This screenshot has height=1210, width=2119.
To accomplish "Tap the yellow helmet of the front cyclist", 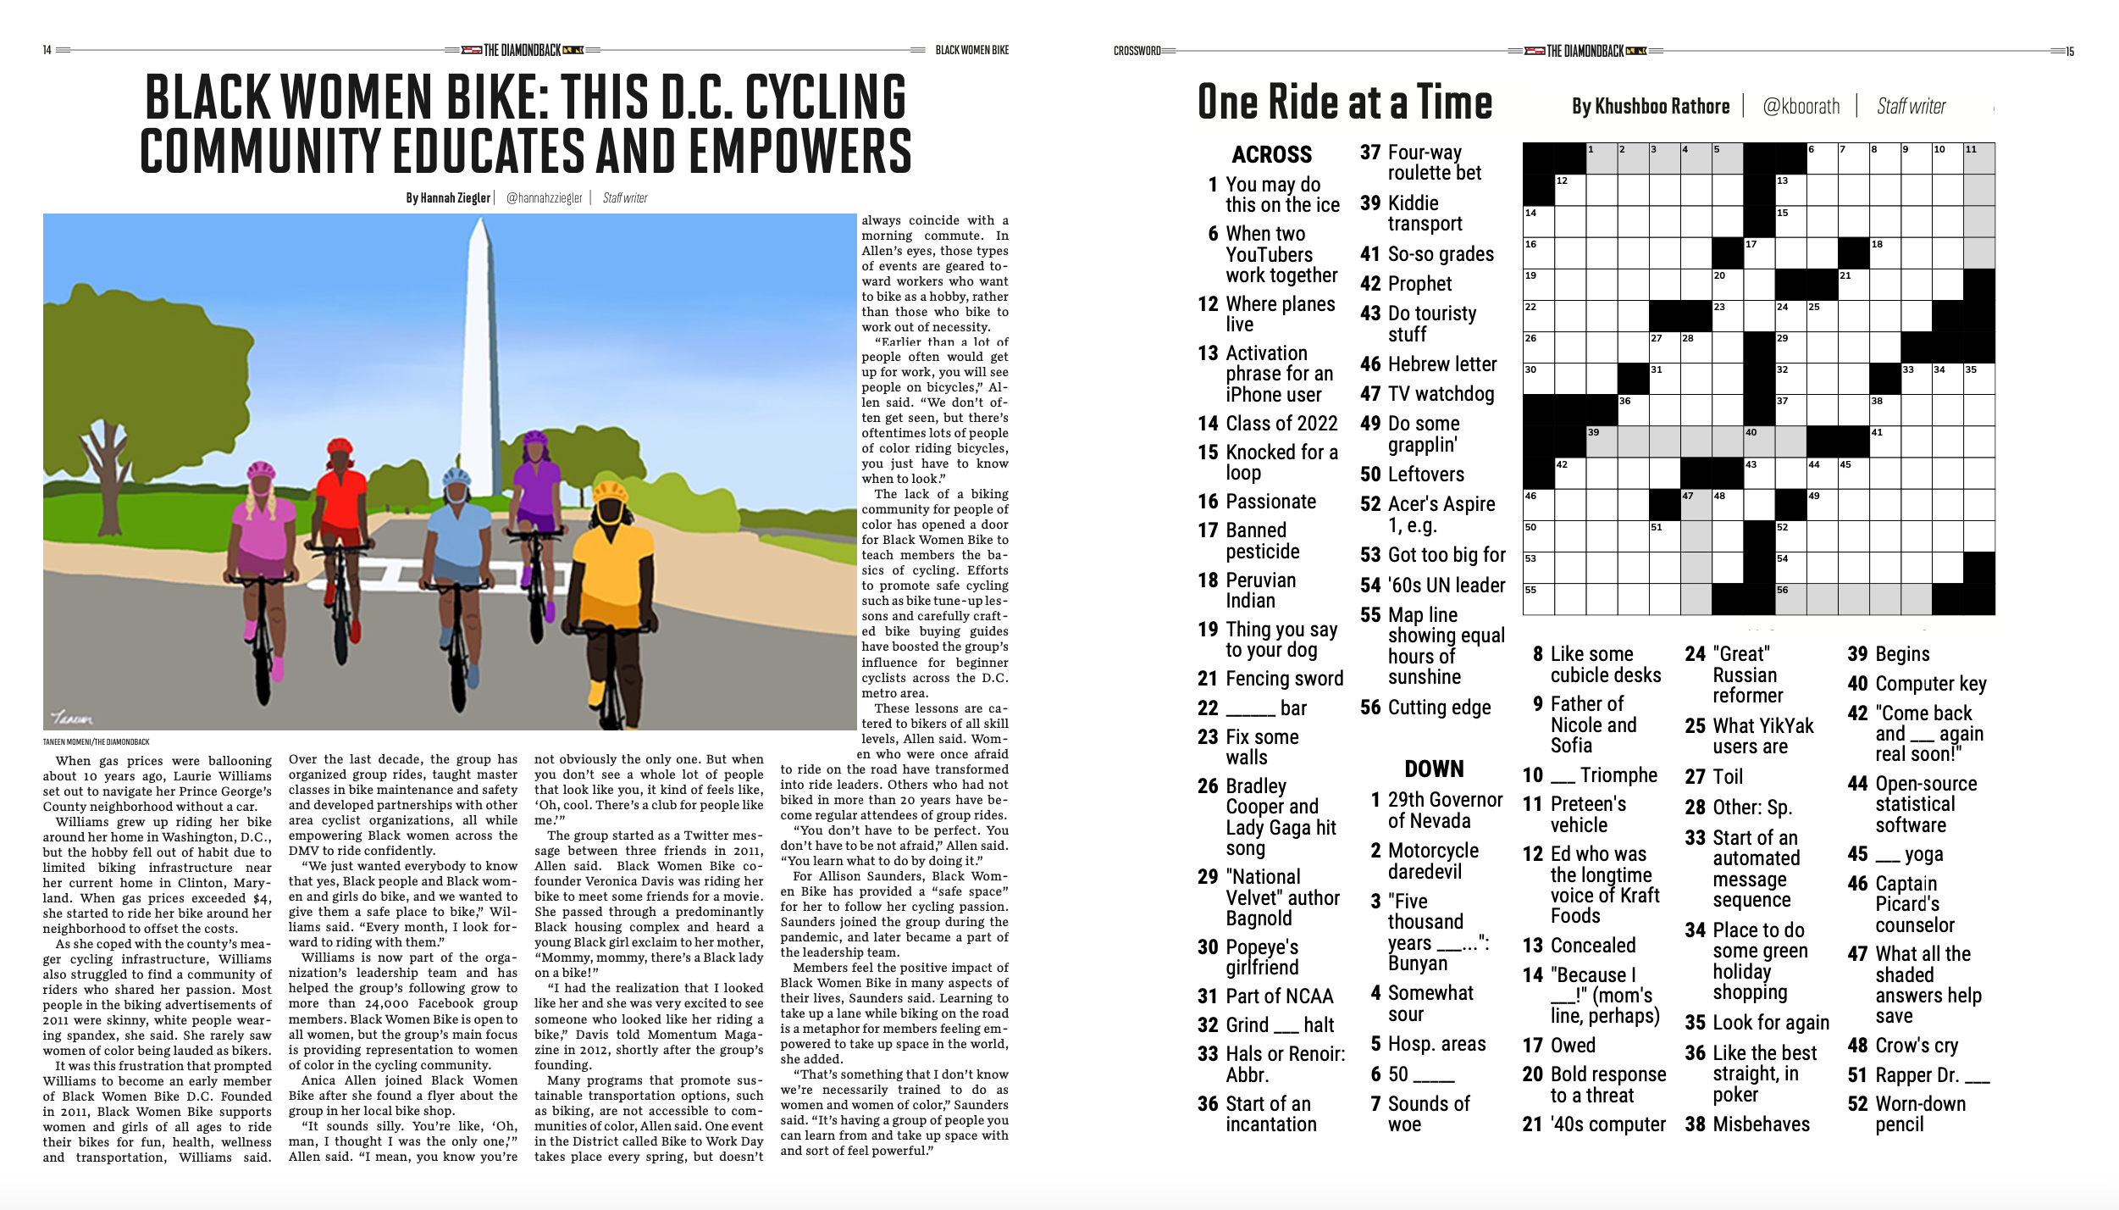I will (610, 491).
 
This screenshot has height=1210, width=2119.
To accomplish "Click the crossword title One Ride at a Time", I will (1344, 103).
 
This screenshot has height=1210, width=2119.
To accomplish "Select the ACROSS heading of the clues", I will (1271, 155).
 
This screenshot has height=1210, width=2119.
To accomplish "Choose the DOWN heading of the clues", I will (1434, 769).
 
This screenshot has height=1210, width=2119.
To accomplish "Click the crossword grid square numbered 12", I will (1569, 190).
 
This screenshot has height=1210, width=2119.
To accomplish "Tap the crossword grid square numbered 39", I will (1601, 441).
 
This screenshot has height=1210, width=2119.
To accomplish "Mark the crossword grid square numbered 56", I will (1790, 598).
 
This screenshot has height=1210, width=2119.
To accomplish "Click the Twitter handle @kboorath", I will (1801, 107).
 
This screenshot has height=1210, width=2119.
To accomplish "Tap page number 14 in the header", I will (47, 50).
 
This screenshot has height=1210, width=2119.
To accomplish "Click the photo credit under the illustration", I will (96, 742).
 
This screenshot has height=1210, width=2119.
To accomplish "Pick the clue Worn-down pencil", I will (1920, 1114).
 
